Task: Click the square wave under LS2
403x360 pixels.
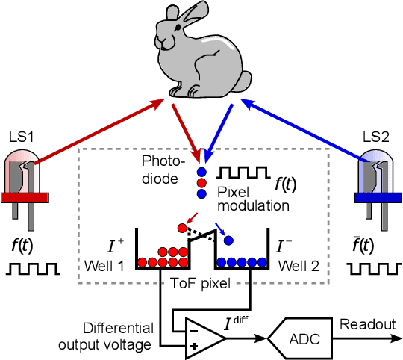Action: (376, 267)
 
